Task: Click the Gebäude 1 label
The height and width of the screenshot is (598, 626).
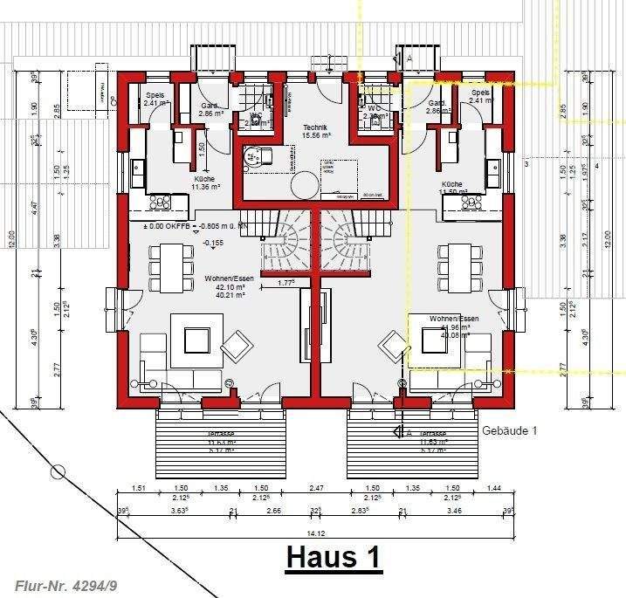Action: [509, 431]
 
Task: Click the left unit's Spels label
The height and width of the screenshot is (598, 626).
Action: [155, 93]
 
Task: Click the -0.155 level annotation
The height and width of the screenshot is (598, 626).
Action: [212, 244]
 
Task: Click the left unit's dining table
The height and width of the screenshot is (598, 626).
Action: [171, 266]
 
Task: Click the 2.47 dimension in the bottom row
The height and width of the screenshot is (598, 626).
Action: [316, 488]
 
